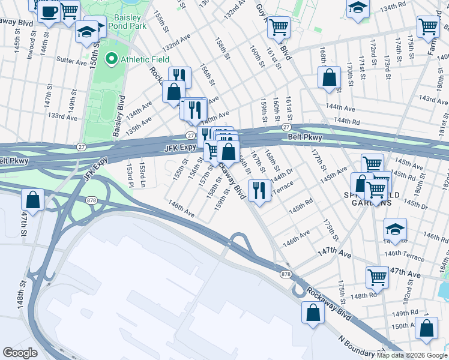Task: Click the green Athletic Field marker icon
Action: (x=111, y=59)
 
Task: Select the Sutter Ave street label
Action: (x=71, y=60)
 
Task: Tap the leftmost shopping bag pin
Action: (x=33, y=200)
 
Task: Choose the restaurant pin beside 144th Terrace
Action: (x=259, y=191)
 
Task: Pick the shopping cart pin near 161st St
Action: (x=279, y=27)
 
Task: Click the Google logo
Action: (x=20, y=353)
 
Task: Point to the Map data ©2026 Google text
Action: (x=412, y=355)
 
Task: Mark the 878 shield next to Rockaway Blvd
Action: (x=286, y=274)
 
